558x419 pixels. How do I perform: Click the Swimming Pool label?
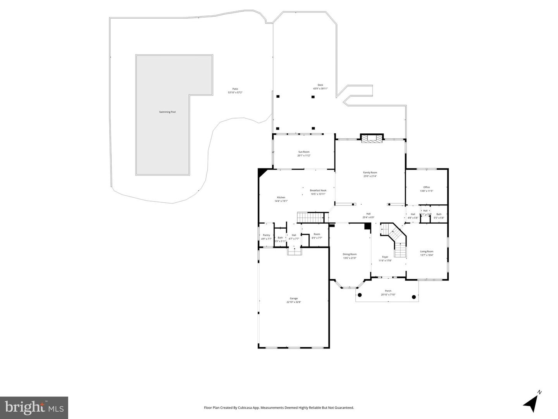tap(167, 112)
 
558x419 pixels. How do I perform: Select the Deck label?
tap(320, 85)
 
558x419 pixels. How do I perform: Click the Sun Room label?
tap(304, 152)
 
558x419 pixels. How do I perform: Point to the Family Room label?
tap(370, 172)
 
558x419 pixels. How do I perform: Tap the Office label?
tap(426, 187)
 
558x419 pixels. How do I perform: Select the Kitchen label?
tap(281, 197)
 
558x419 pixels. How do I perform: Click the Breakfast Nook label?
tap(318, 190)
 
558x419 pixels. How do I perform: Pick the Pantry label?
tap(266, 235)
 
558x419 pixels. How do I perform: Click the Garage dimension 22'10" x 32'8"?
tap(294, 302)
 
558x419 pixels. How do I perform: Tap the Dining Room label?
tap(350, 254)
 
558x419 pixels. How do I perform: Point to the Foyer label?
tap(385, 257)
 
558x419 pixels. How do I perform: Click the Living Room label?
tap(427, 252)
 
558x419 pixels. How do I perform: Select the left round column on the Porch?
tap(360, 295)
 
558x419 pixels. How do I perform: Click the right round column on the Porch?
tap(413, 297)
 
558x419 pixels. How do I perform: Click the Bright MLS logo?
tap(34, 408)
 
